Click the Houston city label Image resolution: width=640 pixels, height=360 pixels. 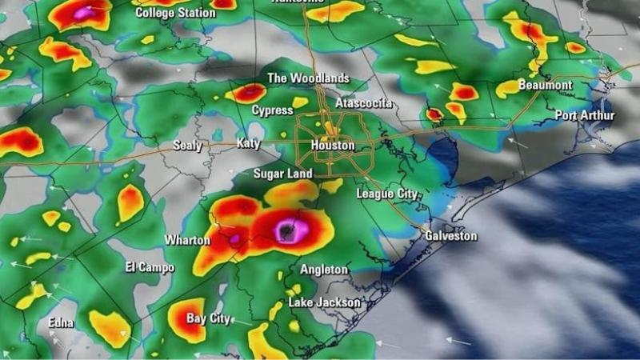[332, 146]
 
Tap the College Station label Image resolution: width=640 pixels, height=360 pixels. [175, 13]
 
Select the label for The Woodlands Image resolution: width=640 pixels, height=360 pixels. [308, 78]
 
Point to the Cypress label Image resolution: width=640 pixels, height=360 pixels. [272, 110]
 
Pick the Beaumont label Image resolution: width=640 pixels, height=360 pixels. [545, 85]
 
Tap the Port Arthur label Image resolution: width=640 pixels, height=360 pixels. [585, 116]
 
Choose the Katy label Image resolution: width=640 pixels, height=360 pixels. [249, 144]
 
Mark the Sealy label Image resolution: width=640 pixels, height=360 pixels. [188, 146]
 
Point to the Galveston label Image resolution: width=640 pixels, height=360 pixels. [450, 236]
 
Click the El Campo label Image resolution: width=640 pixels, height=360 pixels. [150, 267]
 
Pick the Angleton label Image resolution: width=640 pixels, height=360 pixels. [324, 270]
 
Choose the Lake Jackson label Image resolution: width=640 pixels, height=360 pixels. [324, 302]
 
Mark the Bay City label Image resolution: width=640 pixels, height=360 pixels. [208, 318]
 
